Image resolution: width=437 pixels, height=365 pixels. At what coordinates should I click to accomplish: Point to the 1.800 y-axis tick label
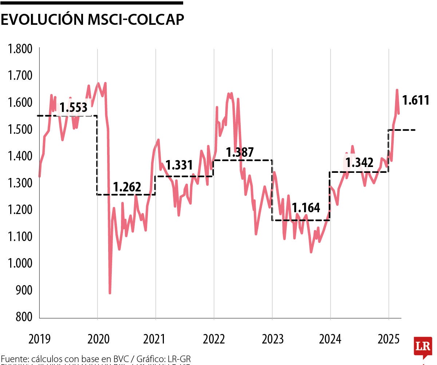(x=20, y=49)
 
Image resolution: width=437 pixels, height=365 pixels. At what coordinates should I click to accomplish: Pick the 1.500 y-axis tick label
(x=20, y=129)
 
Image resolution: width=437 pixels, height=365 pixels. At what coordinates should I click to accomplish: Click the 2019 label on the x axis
(x=40, y=339)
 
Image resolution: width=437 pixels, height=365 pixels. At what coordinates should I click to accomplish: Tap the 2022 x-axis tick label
(x=214, y=339)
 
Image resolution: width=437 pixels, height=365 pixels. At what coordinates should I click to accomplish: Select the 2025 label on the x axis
(x=389, y=339)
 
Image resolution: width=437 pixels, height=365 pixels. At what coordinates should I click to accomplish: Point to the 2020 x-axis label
(x=98, y=339)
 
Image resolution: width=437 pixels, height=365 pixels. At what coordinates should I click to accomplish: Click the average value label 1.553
(x=74, y=108)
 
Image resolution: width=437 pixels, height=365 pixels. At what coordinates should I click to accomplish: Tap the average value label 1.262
(x=127, y=187)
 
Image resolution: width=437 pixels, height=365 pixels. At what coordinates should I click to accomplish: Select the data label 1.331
(x=179, y=165)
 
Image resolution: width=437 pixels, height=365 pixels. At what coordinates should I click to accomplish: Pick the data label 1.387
(x=240, y=152)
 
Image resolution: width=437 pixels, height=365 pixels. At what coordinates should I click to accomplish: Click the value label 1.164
(x=306, y=208)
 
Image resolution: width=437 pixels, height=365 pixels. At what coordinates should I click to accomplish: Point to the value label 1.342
(x=359, y=163)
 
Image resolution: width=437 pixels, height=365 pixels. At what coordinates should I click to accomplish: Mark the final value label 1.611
(x=416, y=100)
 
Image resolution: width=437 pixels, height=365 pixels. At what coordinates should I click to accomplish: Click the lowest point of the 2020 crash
(x=110, y=293)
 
